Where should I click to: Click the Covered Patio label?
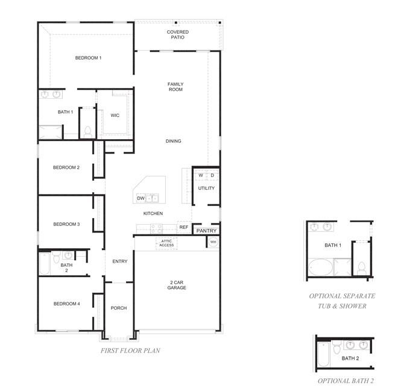177,34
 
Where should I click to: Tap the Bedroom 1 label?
88,58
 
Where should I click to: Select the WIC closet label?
115,115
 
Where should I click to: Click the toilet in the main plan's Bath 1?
87,131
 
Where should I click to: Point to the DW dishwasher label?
141,198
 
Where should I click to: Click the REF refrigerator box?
184,227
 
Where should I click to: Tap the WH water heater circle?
213,242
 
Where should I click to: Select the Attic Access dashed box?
166,243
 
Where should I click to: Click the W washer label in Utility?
201,175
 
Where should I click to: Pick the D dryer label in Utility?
212,175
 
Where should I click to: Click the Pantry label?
206,231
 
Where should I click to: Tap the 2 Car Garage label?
177,285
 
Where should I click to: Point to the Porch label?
119,308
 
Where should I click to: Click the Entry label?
120,261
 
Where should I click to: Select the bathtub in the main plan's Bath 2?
45,264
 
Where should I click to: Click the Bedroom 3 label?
66,224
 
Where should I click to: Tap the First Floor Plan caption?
130,351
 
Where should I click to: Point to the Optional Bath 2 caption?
346,381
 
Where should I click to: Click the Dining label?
173,141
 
